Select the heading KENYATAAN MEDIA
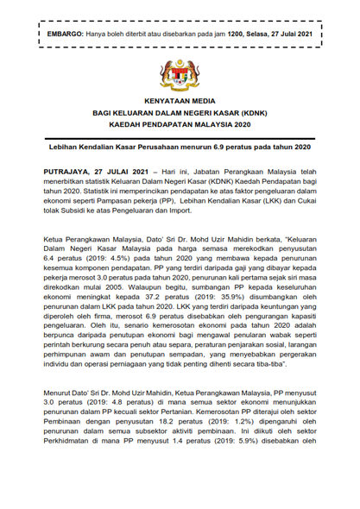click(x=180, y=101)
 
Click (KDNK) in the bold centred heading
click(x=250, y=113)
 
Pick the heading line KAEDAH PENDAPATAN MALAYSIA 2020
click(x=180, y=125)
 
